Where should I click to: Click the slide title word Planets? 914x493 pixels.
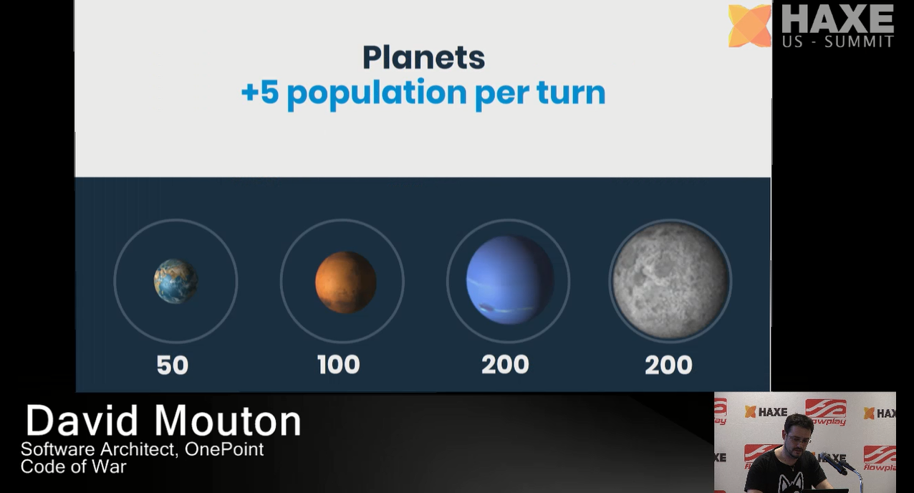tap(423, 58)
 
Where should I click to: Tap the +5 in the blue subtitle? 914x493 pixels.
tap(260, 92)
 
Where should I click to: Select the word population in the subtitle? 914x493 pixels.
tap(377, 95)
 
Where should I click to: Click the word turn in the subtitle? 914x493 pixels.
tap(571, 92)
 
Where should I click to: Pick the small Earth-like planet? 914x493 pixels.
tap(175, 281)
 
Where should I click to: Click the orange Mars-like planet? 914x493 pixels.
tap(345, 282)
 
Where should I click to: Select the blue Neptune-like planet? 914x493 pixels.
tap(510, 280)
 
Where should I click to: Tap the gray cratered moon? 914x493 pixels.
tap(670, 281)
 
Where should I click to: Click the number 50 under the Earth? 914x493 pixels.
tap(173, 365)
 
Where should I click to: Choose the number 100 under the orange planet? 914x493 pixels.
tap(339, 365)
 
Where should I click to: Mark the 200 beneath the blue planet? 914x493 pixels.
tap(505, 365)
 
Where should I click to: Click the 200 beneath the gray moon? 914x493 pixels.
tap(668, 365)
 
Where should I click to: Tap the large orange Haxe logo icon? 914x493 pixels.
tap(749, 26)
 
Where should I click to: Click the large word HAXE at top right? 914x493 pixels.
tap(837, 19)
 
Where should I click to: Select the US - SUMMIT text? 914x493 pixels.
tap(838, 42)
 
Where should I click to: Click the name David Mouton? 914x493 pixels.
tap(163, 421)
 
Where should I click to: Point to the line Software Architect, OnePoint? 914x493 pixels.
tap(142, 449)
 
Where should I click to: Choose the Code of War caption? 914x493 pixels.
tap(74, 466)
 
